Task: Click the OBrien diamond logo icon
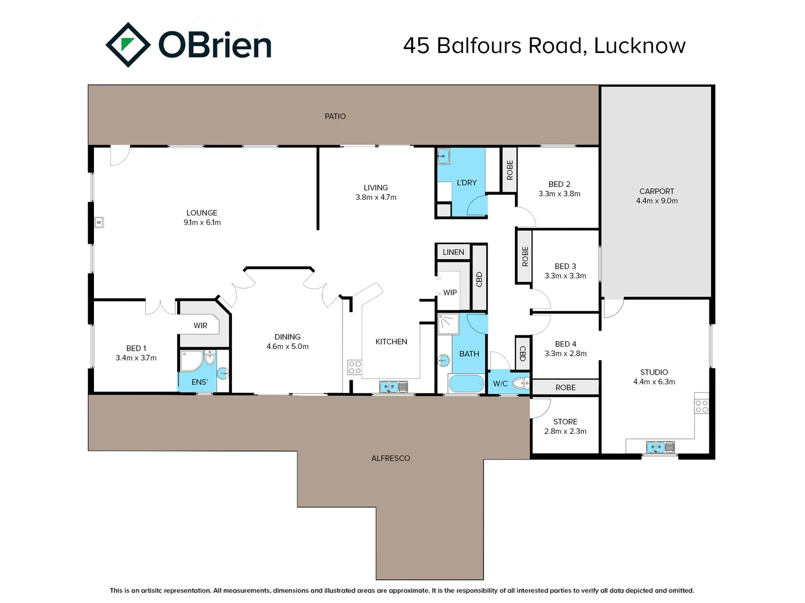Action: (x=128, y=45)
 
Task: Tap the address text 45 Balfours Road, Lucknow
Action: (x=544, y=46)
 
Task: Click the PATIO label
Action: (x=335, y=116)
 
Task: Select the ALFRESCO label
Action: (x=391, y=458)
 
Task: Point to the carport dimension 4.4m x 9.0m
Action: (x=656, y=201)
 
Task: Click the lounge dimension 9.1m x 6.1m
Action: (x=202, y=223)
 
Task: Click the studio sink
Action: (x=660, y=447)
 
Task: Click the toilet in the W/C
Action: (x=520, y=383)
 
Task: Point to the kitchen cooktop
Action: (x=354, y=367)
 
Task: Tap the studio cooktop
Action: (x=702, y=406)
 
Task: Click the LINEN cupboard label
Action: (x=453, y=252)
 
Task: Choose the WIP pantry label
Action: (x=450, y=293)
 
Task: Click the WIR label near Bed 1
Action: (x=201, y=326)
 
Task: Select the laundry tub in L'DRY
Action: (x=443, y=156)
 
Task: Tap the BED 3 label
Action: (x=565, y=266)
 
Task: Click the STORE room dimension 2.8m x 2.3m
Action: (x=565, y=432)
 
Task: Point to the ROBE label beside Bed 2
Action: (x=509, y=170)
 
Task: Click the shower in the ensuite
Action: (x=191, y=361)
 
